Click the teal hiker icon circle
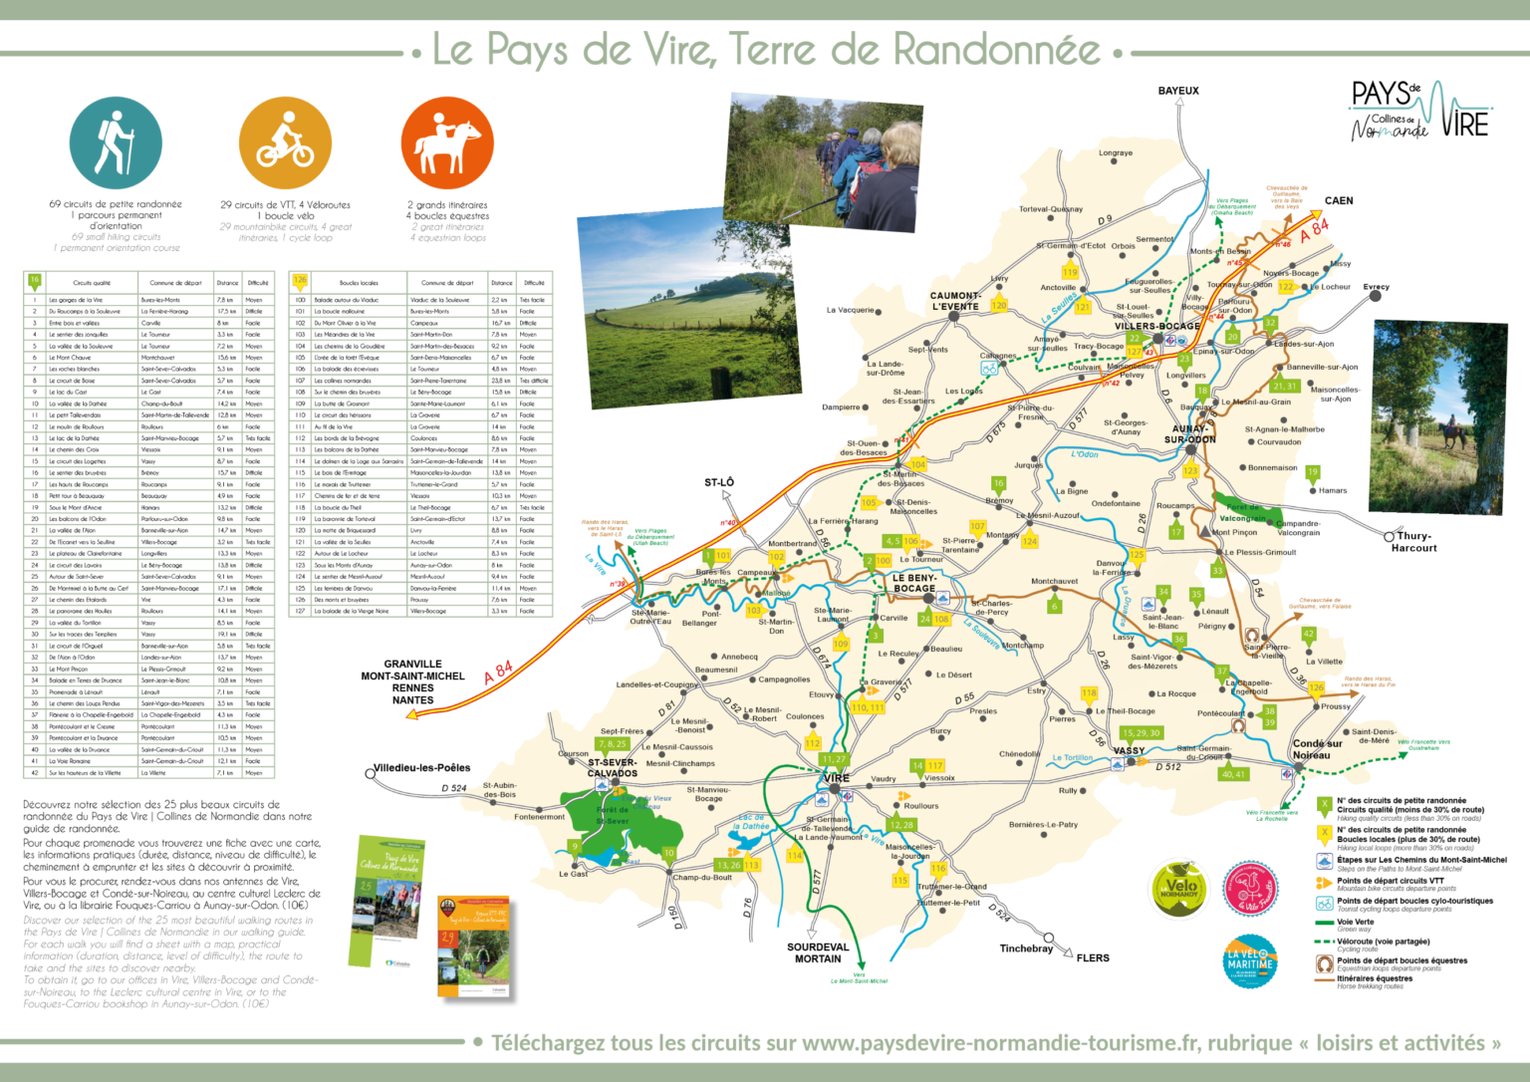pos(116,144)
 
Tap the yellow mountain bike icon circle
pos(285,144)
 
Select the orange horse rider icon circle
pos(447,144)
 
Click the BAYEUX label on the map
pos(1178,91)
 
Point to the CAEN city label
pos(1339,200)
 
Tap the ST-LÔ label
pos(719,482)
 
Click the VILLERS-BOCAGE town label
pos(1156,326)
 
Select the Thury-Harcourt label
pos(1414,542)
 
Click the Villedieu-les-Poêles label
pos(421,768)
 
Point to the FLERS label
pos(1093,958)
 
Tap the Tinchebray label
pos(1026,948)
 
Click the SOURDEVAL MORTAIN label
pos(818,953)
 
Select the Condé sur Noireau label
pos(1317,749)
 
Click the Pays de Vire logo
pos(1418,112)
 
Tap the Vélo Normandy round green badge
pos(1179,889)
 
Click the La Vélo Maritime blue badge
pos(1250,960)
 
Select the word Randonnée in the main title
pos(996,50)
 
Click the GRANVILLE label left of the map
pos(412,664)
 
